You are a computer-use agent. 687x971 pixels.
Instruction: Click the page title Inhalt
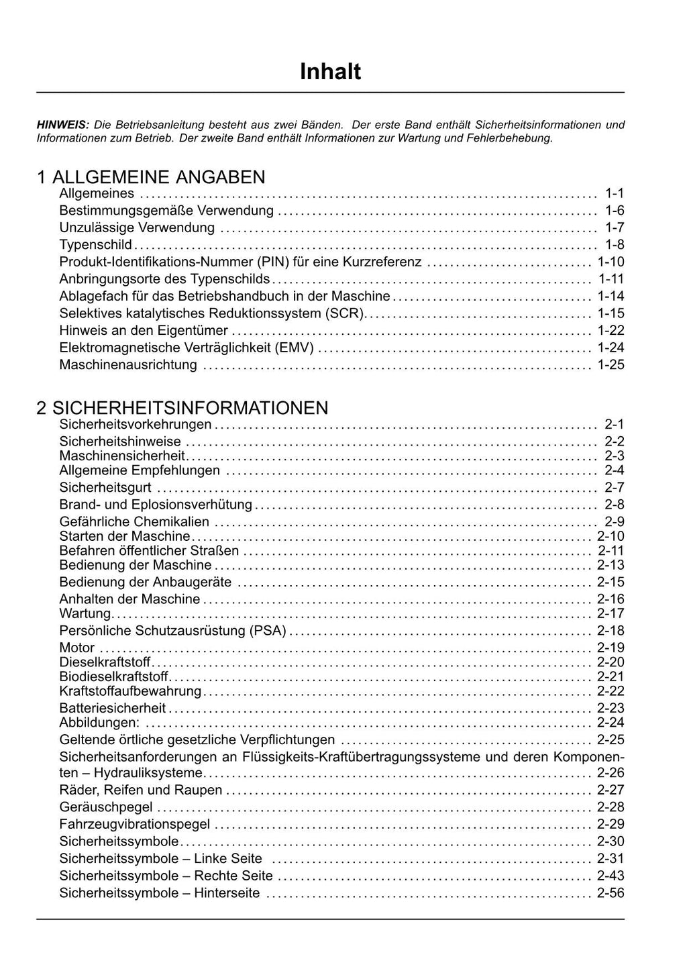[x=330, y=72]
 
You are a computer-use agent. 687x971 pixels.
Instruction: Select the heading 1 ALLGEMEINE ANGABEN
[x=151, y=177]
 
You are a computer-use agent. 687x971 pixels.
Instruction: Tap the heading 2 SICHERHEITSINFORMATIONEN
[x=182, y=408]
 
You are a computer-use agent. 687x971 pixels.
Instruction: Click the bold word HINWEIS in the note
[x=62, y=125]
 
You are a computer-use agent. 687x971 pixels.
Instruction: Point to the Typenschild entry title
[x=95, y=245]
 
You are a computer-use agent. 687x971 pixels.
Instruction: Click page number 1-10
[x=611, y=262]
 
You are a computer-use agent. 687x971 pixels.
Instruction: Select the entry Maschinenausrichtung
[x=128, y=365]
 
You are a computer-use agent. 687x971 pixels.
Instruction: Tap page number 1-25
[x=611, y=365]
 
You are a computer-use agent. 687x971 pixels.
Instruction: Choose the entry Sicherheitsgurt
[x=105, y=488]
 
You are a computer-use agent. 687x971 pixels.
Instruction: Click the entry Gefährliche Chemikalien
[x=134, y=522]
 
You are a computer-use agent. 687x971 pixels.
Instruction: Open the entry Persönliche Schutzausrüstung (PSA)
[x=172, y=631]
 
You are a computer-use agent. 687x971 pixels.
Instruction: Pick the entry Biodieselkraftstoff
[x=114, y=676]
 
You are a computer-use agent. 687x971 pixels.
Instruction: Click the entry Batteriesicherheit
[x=112, y=708]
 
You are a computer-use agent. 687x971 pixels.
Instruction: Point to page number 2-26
[x=611, y=773]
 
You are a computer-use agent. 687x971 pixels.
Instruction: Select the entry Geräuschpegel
[x=106, y=807]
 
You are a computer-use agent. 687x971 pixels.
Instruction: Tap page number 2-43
[x=611, y=876]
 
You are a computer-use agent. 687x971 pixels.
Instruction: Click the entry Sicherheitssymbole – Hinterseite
[x=160, y=893]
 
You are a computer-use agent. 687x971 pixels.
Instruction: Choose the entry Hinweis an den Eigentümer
[x=144, y=331]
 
